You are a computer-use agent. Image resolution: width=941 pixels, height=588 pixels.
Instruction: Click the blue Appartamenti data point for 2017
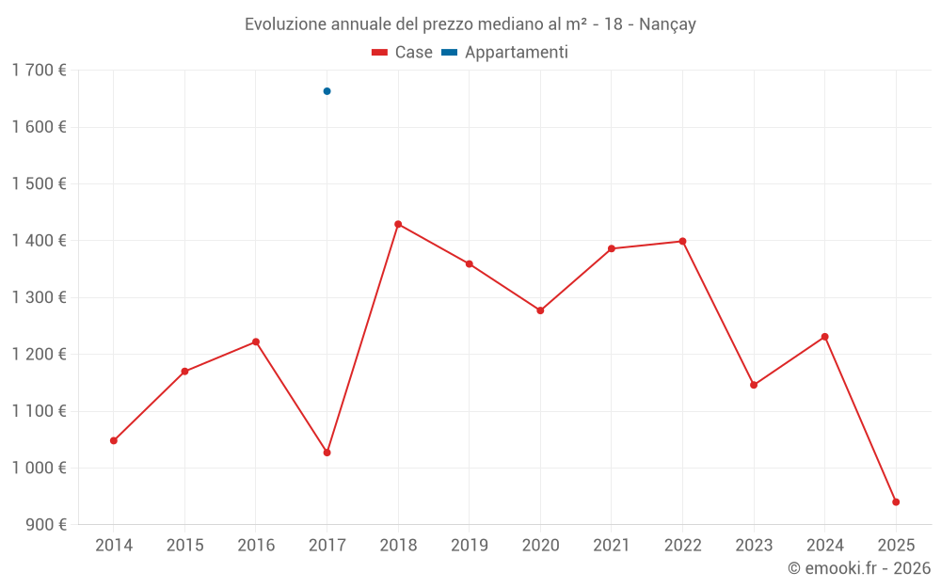(327, 91)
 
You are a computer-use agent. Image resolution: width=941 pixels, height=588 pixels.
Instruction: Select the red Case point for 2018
(398, 224)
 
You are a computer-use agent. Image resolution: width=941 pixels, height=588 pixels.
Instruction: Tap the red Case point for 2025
(896, 501)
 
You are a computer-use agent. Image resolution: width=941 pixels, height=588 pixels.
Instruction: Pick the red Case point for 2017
(327, 453)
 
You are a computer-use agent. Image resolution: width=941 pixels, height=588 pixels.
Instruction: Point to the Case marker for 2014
(114, 440)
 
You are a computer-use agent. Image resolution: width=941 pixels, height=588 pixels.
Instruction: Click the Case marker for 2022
(682, 241)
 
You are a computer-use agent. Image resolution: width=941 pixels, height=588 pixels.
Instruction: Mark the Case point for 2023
(754, 385)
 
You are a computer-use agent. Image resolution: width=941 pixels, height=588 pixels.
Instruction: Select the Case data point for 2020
(540, 310)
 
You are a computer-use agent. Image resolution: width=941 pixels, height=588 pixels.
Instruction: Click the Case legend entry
(402, 53)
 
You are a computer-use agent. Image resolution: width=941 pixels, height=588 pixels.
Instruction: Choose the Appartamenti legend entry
(505, 53)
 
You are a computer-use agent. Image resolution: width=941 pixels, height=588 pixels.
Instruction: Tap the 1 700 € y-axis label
(39, 71)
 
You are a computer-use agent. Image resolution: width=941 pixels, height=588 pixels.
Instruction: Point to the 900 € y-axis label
(44, 524)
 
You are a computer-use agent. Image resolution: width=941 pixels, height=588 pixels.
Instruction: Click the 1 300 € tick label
(39, 297)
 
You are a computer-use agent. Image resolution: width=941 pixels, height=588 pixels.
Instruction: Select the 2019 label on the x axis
(469, 545)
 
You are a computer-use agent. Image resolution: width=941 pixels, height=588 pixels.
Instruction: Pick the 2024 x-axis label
(824, 545)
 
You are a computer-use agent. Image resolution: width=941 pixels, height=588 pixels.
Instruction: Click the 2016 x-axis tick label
(256, 545)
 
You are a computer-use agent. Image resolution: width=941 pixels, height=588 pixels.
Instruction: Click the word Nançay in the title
(667, 24)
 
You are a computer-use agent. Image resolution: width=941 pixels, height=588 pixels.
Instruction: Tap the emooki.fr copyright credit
(859, 568)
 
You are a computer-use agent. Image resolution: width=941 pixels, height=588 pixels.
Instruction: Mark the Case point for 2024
(824, 337)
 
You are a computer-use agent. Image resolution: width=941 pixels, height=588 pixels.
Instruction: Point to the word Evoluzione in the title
(286, 24)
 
